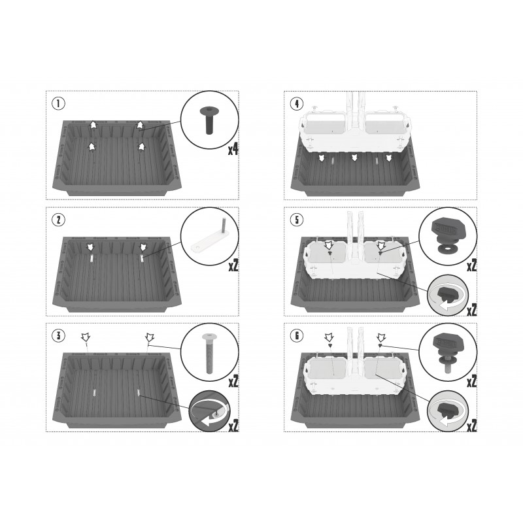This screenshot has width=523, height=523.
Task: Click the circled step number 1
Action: pyautogui.click(x=59, y=103)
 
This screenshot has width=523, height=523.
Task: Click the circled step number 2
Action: pyautogui.click(x=59, y=220)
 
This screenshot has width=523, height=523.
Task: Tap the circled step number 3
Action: pyautogui.click(x=59, y=335)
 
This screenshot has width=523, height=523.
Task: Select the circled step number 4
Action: pyautogui.click(x=297, y=104)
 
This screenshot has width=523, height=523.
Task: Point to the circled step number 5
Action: pyautogui.click(x=297, y=220)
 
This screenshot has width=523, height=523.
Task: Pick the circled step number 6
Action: pyautogui.click(x=297, y=336)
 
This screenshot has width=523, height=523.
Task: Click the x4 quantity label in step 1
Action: pyautogui.click(x=233, y=150)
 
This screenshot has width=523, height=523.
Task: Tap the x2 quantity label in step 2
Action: pyautogui.click(x=233, y=265)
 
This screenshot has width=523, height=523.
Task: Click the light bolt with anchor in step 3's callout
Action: pyautogui.click(x=209, y=353)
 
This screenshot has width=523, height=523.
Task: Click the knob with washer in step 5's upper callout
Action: pyautogui.click(x=447, y=236)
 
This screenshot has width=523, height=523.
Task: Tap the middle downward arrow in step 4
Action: pyautogui.click(x=355, y=158)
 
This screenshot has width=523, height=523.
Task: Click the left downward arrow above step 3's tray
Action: pyautogui.click(x=86, y=337)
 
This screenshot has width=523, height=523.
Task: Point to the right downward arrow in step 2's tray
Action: pyautogui.click(x=143, y=247)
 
